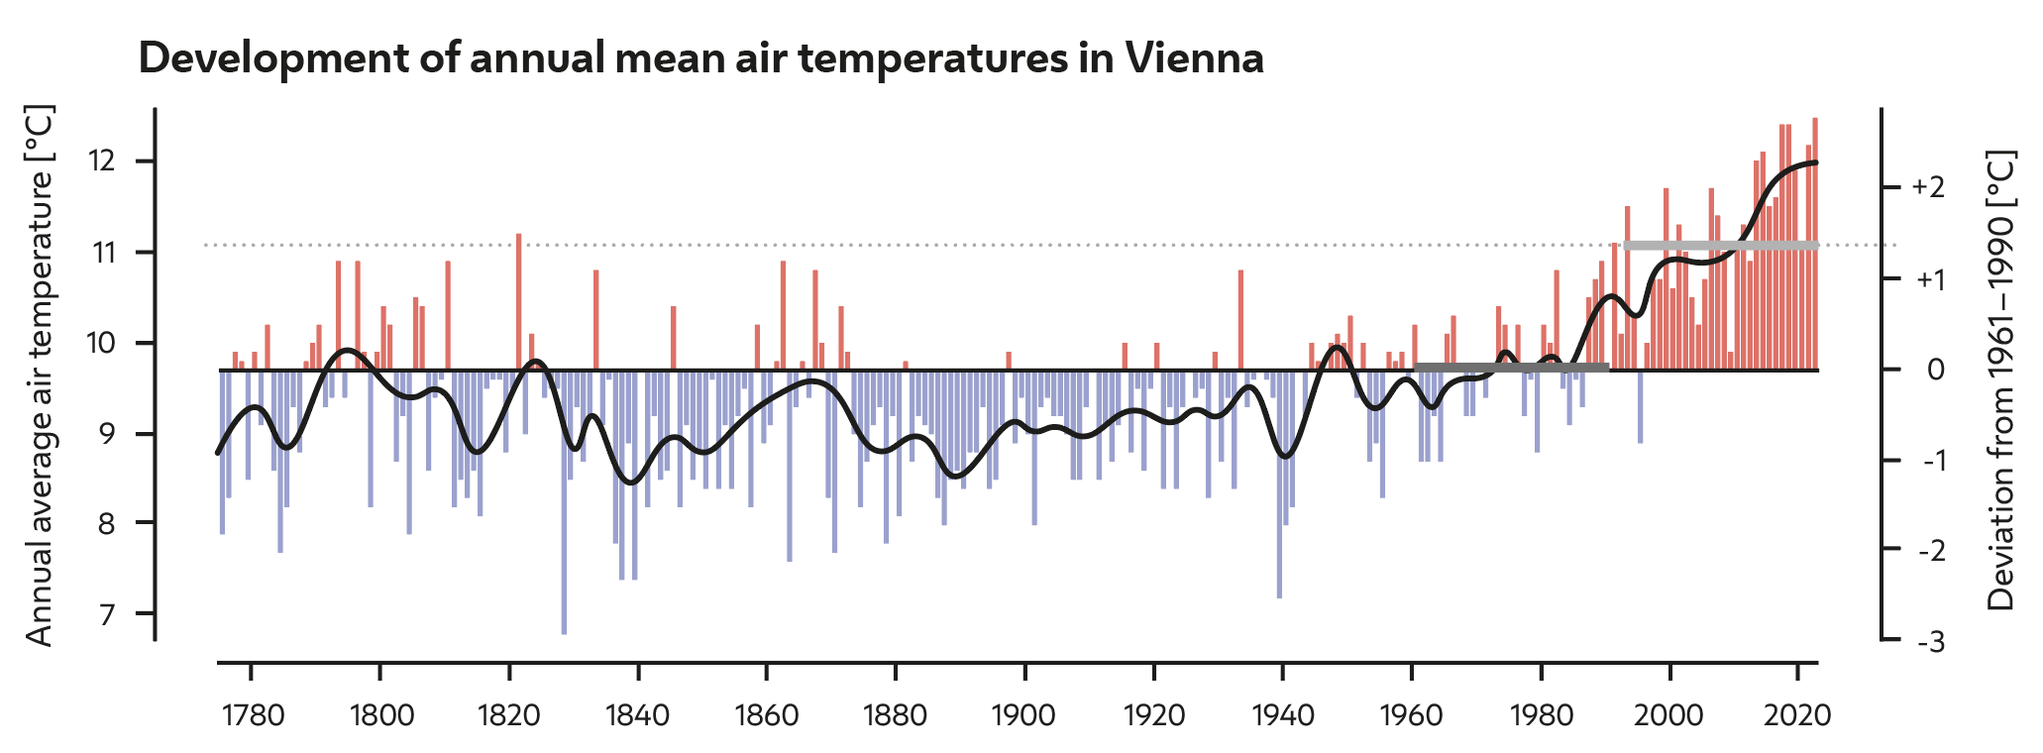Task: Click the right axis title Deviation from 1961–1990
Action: [x=2001, y=380]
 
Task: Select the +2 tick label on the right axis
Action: [x=1928, y=187]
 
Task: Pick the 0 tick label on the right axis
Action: [x=1936, y=370]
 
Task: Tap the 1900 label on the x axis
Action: [x=1024, y=714]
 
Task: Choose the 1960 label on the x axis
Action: [x=1411, y=714]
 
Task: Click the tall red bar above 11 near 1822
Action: [x=518, y=297]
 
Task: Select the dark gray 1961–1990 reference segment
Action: [x=1511, y=367]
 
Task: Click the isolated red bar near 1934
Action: [x=1240, y=317]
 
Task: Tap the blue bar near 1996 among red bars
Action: [x=1640, y=406]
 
